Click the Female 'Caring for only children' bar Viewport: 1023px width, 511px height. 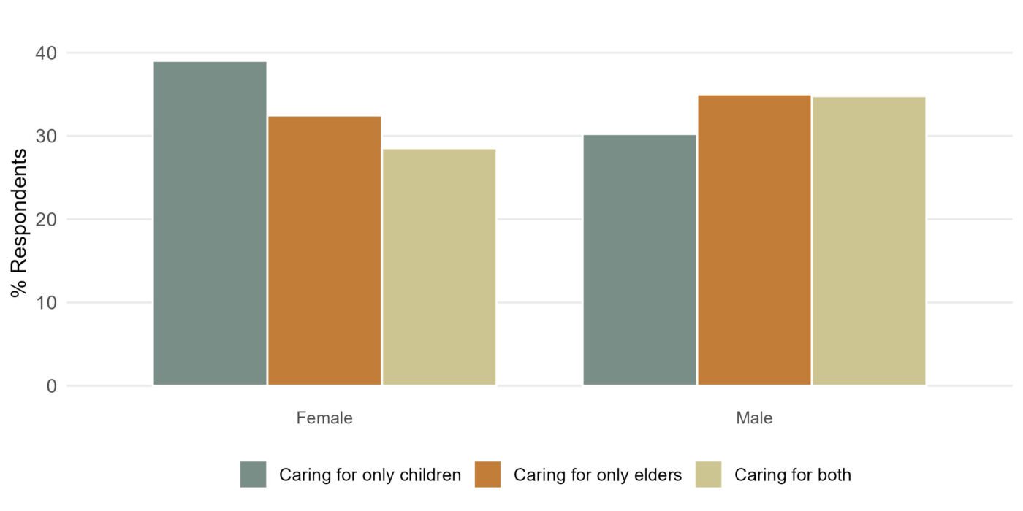coord(210,223)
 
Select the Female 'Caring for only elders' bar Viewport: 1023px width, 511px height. coord(324,250)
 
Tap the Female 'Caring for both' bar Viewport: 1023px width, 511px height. coord(439,266)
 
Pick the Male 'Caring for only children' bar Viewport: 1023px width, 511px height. coord(639,259)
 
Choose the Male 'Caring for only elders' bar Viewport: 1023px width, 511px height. coord(754,239)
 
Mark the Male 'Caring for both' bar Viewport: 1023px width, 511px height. coord(869,240)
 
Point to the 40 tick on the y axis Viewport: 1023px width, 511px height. coord(46,53)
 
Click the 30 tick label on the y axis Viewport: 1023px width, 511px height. coord(46,137)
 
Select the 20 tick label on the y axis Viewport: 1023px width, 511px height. coord(46,220)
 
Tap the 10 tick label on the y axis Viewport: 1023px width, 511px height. coord(46,303)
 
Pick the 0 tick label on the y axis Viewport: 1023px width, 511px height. coord(51,386)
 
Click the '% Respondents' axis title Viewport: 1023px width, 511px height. coord(20,223)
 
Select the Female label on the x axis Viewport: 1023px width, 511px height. coord(324,418)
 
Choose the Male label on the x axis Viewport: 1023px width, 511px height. coord(754,418)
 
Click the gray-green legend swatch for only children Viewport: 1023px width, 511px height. coord(254,474)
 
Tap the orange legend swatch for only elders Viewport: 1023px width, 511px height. coord(487,474)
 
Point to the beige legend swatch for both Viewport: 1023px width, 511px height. coord(708,474)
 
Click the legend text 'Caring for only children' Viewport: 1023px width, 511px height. coord(370,475)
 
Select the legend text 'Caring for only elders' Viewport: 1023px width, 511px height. coord(598,475)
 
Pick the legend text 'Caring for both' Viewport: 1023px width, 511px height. coord(793,475)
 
